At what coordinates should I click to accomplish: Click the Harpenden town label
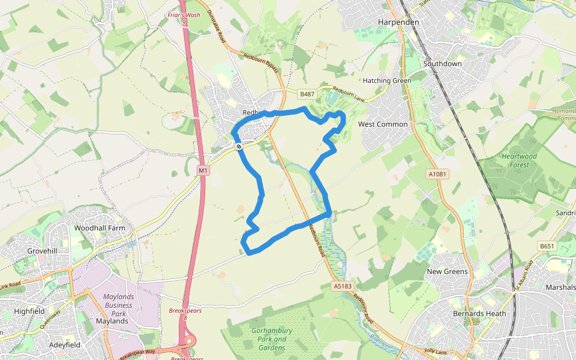[x=398, y=22]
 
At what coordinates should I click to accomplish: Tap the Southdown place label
[x=443, y=64]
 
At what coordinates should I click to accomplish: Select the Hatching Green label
[x=387, y=80]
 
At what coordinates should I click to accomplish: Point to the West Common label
[x=383, y=124]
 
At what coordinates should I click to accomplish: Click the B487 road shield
[x=307, y=94]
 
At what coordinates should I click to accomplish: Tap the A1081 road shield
[x=437, y=174]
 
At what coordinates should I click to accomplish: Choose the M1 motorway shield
[x=203, y=171]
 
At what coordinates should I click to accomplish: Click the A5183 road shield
[x=341, y=287]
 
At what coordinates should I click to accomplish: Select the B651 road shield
[x=547, y=246]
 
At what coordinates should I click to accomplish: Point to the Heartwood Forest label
[x=519, y=160]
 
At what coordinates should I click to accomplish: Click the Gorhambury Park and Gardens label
[x=272, y=339]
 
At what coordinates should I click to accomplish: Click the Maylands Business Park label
[x=118, y=305]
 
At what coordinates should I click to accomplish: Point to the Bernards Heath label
[x=479, y=314]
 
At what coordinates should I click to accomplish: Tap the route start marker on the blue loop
[x=239, y=146]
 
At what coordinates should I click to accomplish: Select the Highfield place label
[x=29, y=311]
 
